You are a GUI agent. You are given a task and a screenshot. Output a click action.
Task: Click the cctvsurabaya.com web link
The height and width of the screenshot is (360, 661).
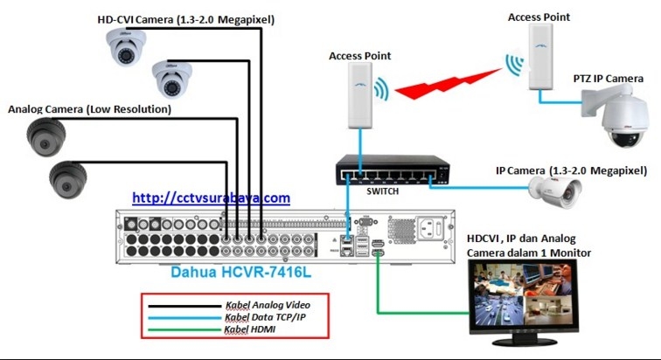click(211, 198)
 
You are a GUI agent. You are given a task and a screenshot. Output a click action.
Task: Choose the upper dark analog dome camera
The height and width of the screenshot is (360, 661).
click(45, 136)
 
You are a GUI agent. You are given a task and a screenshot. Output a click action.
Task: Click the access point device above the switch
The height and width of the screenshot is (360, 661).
click(356, 94)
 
